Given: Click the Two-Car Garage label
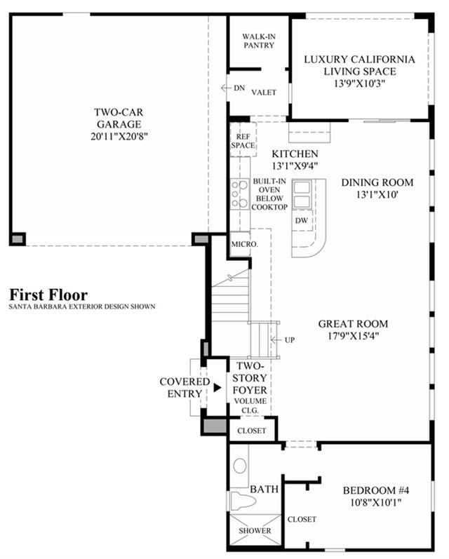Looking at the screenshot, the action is [x=119, y=118].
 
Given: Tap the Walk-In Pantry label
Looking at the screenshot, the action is [x=259, y=41].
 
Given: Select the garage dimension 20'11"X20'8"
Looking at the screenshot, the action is [x=119, y=136].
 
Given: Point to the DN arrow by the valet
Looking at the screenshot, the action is [x=224, y=88].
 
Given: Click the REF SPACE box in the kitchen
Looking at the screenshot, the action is [x=243, y=140].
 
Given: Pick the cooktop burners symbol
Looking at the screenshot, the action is [x=239, y=194].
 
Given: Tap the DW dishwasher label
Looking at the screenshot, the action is [x=302, y=220].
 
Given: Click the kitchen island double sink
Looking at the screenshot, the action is [x=302, y=194].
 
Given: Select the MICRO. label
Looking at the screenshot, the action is [x=245, y=244].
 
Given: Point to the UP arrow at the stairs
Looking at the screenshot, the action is [x=275, y=339].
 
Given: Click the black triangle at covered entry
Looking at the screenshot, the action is [x=217, y=388].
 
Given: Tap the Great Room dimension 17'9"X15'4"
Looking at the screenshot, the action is [x=353, y=336].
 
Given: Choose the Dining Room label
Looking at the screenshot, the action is [x=377, y=182].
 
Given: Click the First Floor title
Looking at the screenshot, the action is [x=48, y=295].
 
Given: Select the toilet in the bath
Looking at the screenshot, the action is [x=243, y=501].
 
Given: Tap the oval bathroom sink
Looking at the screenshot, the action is [x=240, y=466].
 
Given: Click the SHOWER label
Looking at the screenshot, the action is [x=255, y=530].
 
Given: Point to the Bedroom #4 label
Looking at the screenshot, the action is [x=376, y=490].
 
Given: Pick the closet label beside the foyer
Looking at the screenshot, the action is [x=252, y=431].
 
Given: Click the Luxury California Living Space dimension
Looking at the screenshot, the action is [x=359, y=83].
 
